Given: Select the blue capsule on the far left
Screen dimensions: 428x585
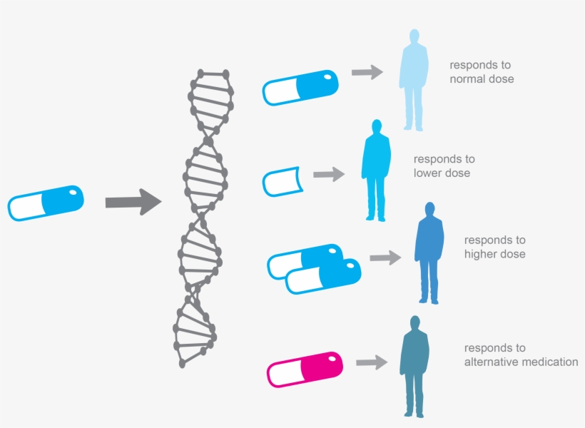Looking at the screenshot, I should point(46,203).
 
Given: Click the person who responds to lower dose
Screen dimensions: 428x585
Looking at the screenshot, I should point(375,171).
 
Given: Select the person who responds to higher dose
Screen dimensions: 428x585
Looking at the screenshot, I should point(429,253).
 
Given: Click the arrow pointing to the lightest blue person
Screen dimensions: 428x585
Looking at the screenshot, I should point(367,72).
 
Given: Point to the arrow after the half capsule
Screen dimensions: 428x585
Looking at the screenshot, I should point(328,174).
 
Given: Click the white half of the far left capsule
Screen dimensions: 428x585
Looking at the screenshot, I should point(27,207).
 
